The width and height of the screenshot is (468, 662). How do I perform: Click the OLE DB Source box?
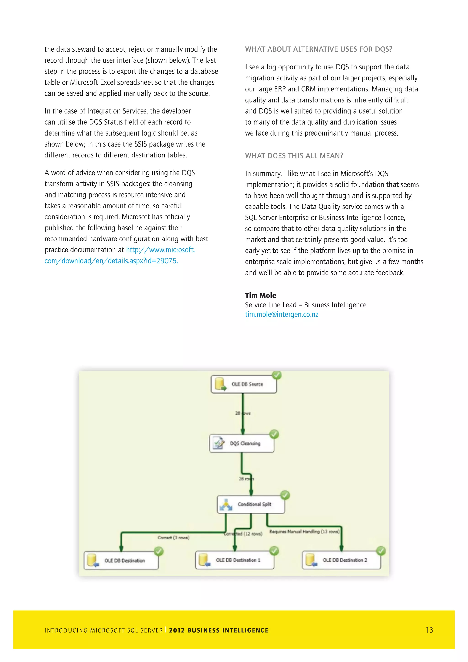click(x=244, y=384)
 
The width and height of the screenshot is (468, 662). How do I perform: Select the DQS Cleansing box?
click(x=242, y=443)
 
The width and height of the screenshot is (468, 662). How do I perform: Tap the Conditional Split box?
click(x=251, y=504)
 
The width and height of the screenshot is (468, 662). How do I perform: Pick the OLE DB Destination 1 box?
click(x=235, y=560)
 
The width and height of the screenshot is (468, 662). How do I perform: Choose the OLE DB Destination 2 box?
click(x=341, y=560)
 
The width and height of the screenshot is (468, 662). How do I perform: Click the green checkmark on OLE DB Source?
click(x=277, y=375)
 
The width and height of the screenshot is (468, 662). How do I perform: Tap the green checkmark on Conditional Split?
click(x=285, y=495)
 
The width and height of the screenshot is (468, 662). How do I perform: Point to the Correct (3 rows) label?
click(x=173, y=538)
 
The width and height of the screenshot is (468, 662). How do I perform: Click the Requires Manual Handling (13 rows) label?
click(x=304, y=531)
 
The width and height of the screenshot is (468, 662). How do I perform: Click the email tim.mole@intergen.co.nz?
click(x=282, y=314)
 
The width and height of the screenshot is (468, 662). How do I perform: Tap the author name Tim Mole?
click(x=261, y=295)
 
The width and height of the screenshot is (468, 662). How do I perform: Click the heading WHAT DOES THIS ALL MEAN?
click(x=294, y=156)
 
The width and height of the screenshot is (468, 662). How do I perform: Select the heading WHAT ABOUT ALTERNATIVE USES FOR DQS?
click(x=318, y=49)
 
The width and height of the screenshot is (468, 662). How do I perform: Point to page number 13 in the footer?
click(x=429, y=630)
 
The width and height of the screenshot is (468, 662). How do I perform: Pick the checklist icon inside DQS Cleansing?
click(x=218, y=443)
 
